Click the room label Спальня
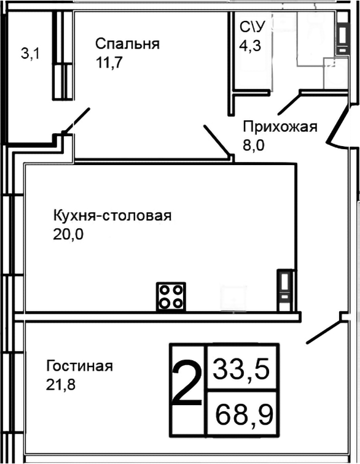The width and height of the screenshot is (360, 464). point(127,44)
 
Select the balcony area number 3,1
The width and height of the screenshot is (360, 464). point(30,54)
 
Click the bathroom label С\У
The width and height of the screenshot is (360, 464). point(252,27)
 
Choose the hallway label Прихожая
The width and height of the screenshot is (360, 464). point(280,127)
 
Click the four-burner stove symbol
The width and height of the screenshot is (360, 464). point(171,296)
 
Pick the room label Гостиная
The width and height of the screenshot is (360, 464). point(79,366)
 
